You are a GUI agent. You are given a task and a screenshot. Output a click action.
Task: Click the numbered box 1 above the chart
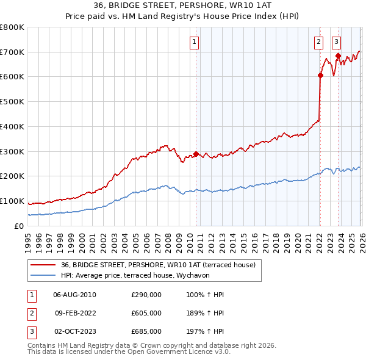tap(194, 42)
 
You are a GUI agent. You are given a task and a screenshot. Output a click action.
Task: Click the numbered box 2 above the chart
tap(318, 42)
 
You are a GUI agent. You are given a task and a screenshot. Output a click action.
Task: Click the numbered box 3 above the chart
tap(336, 42)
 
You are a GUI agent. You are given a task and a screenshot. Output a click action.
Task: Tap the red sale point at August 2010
tap(196, 154)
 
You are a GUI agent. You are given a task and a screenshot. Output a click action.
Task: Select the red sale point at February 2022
tap(320, 76)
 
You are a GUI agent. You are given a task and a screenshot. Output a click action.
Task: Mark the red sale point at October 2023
tap(337, 56)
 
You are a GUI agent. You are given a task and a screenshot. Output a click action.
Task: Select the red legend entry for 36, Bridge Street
tap(161, 265)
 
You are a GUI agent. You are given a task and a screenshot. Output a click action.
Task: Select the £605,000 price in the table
tap(146, 313)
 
